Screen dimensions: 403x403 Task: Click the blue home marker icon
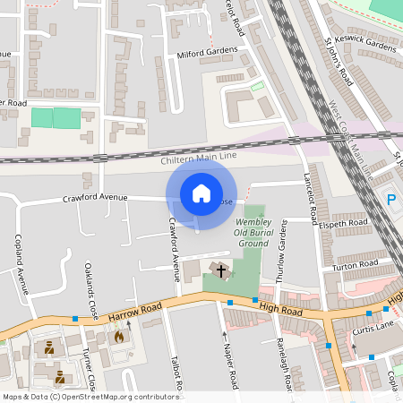[201, 193]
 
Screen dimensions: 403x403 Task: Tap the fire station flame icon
[118, 337]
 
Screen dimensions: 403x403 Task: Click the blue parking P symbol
[390, 198]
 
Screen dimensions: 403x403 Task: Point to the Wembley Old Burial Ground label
[252, 232]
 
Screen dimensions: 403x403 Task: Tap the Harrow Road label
[135, 313]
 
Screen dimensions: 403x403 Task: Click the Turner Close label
[88, 367]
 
